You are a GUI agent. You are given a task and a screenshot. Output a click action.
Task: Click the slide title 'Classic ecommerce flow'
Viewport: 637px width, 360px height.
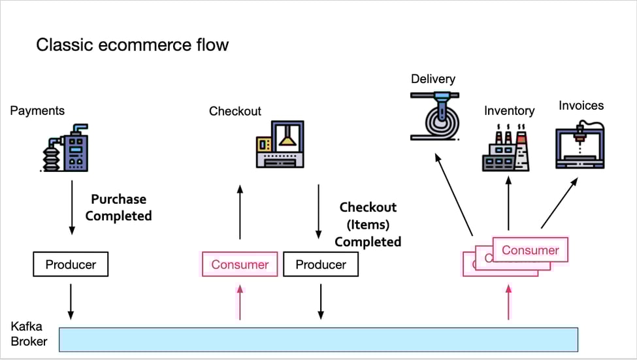(x=133, y=45)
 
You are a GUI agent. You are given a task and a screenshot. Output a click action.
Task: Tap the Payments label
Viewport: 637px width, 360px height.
(x=37, y=110)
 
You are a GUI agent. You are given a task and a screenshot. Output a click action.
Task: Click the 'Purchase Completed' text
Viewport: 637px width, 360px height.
(x=118, y=207)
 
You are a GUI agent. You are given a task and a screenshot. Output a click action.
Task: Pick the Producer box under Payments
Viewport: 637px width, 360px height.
(x=71, y=265)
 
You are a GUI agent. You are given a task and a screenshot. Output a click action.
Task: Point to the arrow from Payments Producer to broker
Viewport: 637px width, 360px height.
(x=71, y=304)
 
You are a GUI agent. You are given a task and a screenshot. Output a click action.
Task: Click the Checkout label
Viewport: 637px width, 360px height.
(x=235, y=111)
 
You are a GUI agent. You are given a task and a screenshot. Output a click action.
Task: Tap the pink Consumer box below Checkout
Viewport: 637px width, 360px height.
(x=240, y=265)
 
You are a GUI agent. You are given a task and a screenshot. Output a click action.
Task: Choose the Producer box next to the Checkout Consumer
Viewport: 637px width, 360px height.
(x=320, y=265)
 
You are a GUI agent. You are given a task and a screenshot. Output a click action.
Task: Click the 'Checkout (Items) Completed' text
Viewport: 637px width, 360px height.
(x=368, y=224)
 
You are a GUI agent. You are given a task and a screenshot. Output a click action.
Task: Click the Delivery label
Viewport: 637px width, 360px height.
(x=433, y=79)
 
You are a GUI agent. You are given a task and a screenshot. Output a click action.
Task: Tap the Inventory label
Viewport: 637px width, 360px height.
(x=509, y=110)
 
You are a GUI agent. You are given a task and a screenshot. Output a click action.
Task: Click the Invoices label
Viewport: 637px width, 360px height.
(x=581, y=105)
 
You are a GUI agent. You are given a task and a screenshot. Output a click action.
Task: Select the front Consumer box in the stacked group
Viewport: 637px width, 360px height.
(x=531, y=250)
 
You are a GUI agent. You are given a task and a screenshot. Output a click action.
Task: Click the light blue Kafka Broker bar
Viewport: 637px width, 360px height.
(x=318, y=339)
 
